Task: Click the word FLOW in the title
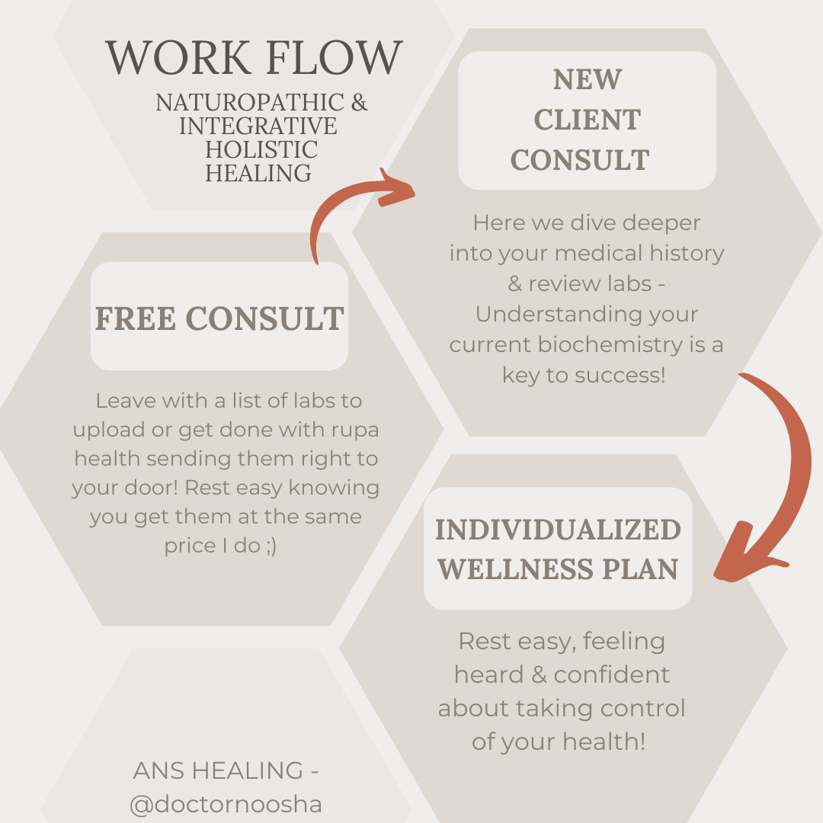335,58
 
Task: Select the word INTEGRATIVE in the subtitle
258,126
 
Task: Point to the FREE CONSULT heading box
219,317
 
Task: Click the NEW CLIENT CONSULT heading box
587,120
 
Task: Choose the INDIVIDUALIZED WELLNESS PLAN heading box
558,549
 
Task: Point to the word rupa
352,430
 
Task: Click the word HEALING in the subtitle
258,173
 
